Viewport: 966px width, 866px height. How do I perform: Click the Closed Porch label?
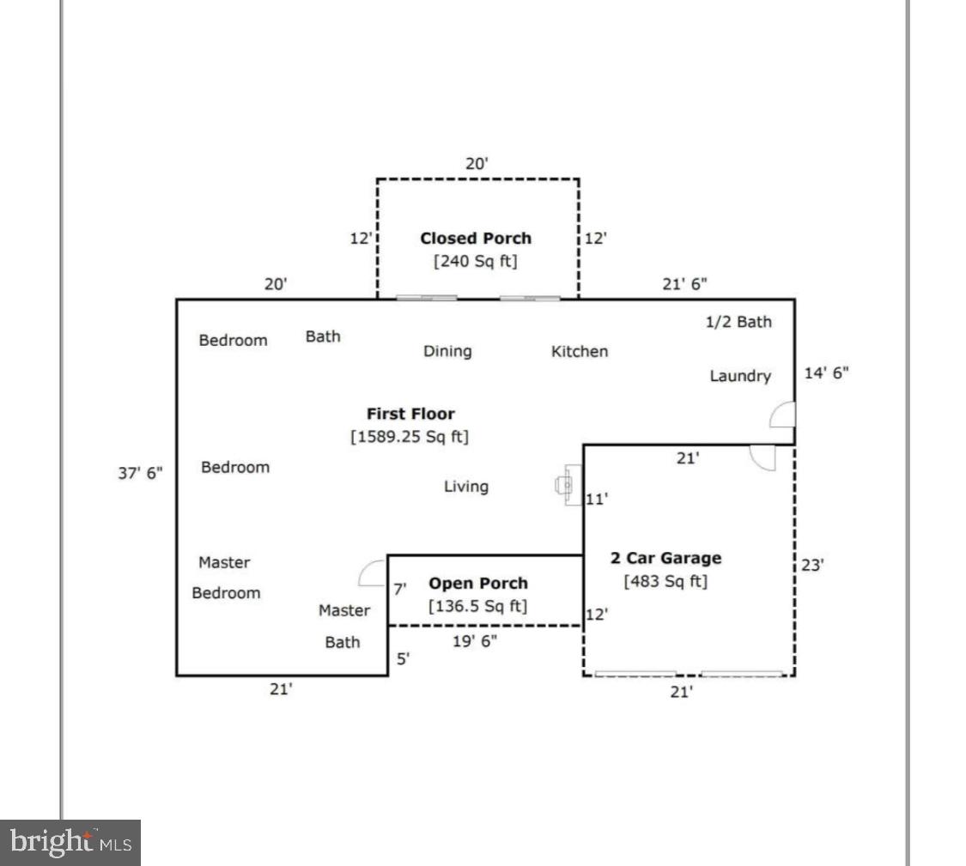point(476,238)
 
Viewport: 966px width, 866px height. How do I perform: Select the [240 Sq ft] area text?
point(476,260)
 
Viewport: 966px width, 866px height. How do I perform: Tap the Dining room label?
point(447,351)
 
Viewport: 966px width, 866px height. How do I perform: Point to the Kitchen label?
point(580,351)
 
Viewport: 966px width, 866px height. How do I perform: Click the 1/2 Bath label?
point(738,322)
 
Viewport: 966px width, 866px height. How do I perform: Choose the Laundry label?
point(740,376)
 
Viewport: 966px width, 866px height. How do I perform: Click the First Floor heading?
point(410,414)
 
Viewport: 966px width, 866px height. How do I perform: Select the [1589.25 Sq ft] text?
point(410,436)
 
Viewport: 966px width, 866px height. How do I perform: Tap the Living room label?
point(466,487)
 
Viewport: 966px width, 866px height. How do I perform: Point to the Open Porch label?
point(478,584)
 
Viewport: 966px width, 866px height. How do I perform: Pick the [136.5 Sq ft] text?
point(478,606)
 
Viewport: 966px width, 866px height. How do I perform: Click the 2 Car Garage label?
point(665,558)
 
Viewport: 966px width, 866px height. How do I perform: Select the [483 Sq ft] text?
point(665,581)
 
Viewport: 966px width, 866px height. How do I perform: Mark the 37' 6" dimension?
point(140,472)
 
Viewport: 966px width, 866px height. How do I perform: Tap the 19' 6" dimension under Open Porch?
point(474,640)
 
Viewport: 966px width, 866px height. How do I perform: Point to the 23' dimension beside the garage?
point(812,565)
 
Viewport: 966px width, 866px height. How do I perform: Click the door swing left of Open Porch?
point(374,572)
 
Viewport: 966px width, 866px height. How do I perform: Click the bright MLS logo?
point(70,842)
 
